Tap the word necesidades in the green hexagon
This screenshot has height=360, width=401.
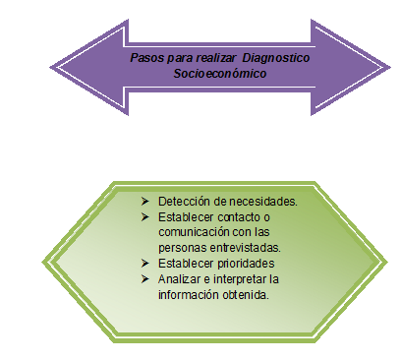[261, 201]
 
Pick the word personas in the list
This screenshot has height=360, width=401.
[180, 246]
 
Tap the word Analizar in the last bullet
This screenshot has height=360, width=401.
[177, 279]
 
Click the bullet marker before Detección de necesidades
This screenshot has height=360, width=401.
[143, 201]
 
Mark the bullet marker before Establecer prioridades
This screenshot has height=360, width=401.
[143, 264]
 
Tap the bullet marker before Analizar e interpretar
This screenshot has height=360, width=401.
[143, 279]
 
